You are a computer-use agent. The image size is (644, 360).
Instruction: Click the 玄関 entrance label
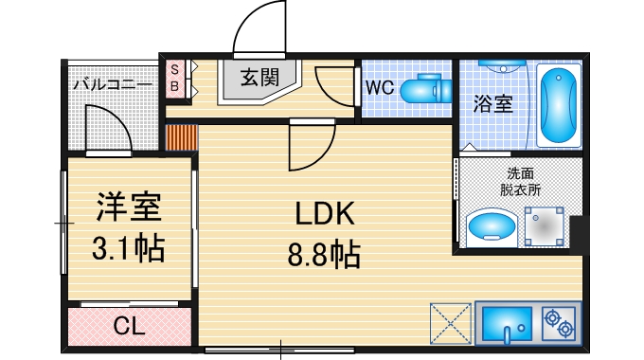point(259,78)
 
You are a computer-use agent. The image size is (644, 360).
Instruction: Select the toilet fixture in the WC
point(426,90)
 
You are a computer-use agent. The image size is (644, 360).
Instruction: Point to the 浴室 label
point(492,102)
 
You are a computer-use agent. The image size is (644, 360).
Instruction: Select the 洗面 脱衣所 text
point(519,181)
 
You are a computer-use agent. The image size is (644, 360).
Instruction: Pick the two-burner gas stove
point(558,324)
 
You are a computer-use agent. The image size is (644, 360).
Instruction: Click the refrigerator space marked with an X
point(450,323)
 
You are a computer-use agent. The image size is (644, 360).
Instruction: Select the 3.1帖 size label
point(128,248)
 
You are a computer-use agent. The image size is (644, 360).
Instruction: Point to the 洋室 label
point(128,207)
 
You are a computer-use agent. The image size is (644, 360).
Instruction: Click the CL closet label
point(128,328)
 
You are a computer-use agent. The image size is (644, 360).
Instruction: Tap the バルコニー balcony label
point(113,84)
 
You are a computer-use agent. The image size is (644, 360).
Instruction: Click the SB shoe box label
point(174,77)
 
